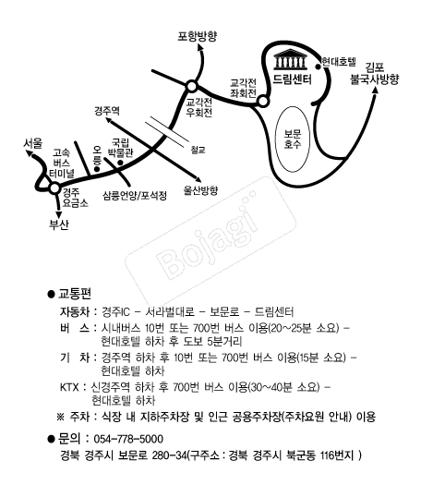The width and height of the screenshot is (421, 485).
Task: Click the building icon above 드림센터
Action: point(291,59)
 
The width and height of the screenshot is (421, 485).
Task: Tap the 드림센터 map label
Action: point(292,79)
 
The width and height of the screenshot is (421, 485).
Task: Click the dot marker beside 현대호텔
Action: point(318,67)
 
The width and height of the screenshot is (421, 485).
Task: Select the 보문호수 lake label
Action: point(293,139)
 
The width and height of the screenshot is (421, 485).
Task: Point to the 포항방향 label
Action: point(198,36)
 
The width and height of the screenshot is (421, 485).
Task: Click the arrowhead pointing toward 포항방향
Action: point(200,47)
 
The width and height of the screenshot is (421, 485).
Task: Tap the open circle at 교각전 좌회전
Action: point(263,101)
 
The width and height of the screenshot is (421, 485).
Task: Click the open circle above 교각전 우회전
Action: point(192,86)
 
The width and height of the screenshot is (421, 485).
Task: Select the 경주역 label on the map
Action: point(107,111)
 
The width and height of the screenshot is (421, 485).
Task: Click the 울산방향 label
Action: point(201,190)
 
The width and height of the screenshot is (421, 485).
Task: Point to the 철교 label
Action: point(198,151)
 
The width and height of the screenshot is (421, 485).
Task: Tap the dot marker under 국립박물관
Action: point(120,163)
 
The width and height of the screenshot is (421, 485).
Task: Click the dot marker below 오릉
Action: point(97,169)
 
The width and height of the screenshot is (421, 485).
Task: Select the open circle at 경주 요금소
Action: point(54,188)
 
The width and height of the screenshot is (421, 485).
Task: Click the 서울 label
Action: point(33,143)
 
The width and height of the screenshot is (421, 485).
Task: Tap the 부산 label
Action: point(59,224)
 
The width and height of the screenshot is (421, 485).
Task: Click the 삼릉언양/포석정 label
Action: point(135,195)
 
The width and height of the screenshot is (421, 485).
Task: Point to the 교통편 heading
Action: point(75,294)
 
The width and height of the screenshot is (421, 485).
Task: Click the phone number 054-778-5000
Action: point(128,439)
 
